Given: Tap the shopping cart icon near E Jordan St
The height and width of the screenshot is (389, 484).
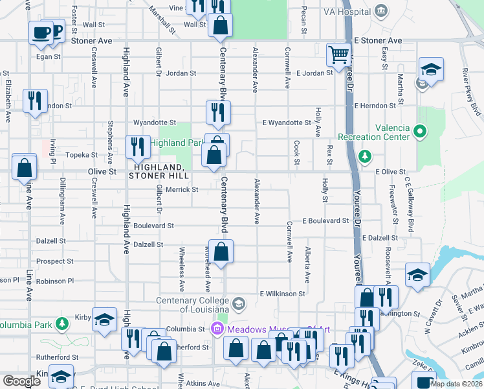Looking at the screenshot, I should (338, 55).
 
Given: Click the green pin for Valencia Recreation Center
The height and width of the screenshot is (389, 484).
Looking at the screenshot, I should (420, 133).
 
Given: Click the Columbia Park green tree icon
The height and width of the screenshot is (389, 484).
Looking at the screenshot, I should (61, 323).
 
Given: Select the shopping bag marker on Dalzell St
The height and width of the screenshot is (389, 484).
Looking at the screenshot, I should (221, 252).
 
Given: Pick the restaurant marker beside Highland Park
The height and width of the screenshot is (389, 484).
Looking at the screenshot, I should (137, 147).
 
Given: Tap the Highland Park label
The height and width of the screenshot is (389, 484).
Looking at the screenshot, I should (177, 143).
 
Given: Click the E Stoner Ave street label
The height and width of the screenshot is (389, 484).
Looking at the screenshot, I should (378, 40).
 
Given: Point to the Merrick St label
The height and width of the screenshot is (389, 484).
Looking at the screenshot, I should (182, 189).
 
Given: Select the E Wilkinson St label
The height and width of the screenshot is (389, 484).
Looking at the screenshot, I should (282, 294).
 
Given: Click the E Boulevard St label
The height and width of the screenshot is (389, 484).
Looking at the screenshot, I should (325, 220).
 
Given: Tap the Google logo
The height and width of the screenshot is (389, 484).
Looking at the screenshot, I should (22, 381).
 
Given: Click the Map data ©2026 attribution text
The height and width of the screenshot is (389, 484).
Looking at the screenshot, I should (456, 384).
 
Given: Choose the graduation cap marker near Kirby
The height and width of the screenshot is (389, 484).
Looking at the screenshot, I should (104, 320).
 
